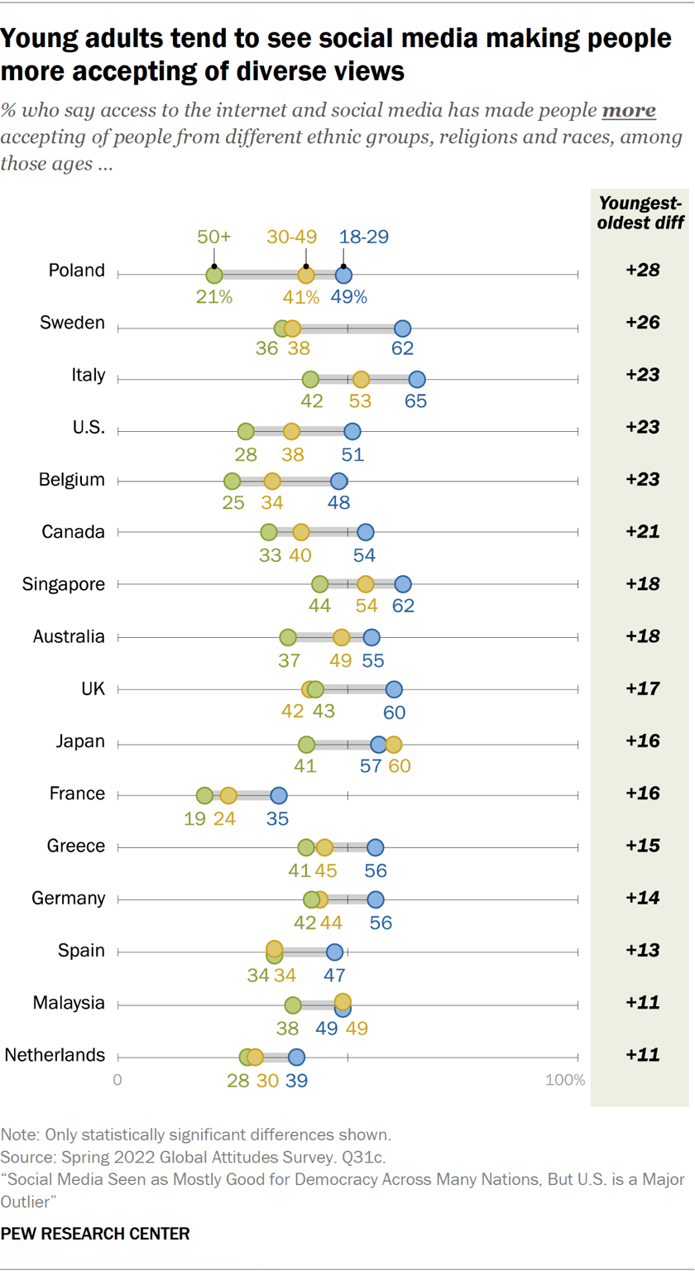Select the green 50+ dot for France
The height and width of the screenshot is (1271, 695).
pyautogui.click(x=204, y=795)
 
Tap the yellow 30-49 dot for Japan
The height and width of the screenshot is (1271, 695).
pyautogui.click(x=393, y=744)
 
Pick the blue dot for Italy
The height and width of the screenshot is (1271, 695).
pyautogui.click(x=417, y=379)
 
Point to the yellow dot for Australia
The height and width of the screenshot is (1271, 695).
pyautogui.click(x=342, y=637)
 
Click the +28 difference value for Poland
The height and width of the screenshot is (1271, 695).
pyautogui.click(x=642, y=270)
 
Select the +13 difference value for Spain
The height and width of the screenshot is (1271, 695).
pyautogui.click(x=642, y=951)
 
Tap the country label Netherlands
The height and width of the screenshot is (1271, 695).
pyautogui.click(x=55, y=1055)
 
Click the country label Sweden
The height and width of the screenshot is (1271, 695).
pyautogui.click(x=73, y=322)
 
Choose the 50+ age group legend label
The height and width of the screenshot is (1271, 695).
pyautogui.click(x=213, y=237)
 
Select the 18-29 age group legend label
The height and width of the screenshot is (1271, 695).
pyautogui.click(x=366, y=237)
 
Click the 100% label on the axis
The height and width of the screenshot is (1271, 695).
pyautogui.click(x=565, y=1080)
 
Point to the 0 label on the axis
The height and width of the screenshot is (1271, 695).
pyautogui.click(x=117, y=1080)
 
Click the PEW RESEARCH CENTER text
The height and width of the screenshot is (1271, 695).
pyautogui.click(x=95, y=1233)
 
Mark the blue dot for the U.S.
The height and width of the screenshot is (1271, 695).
pyautogui.click(x=352, y=431)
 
